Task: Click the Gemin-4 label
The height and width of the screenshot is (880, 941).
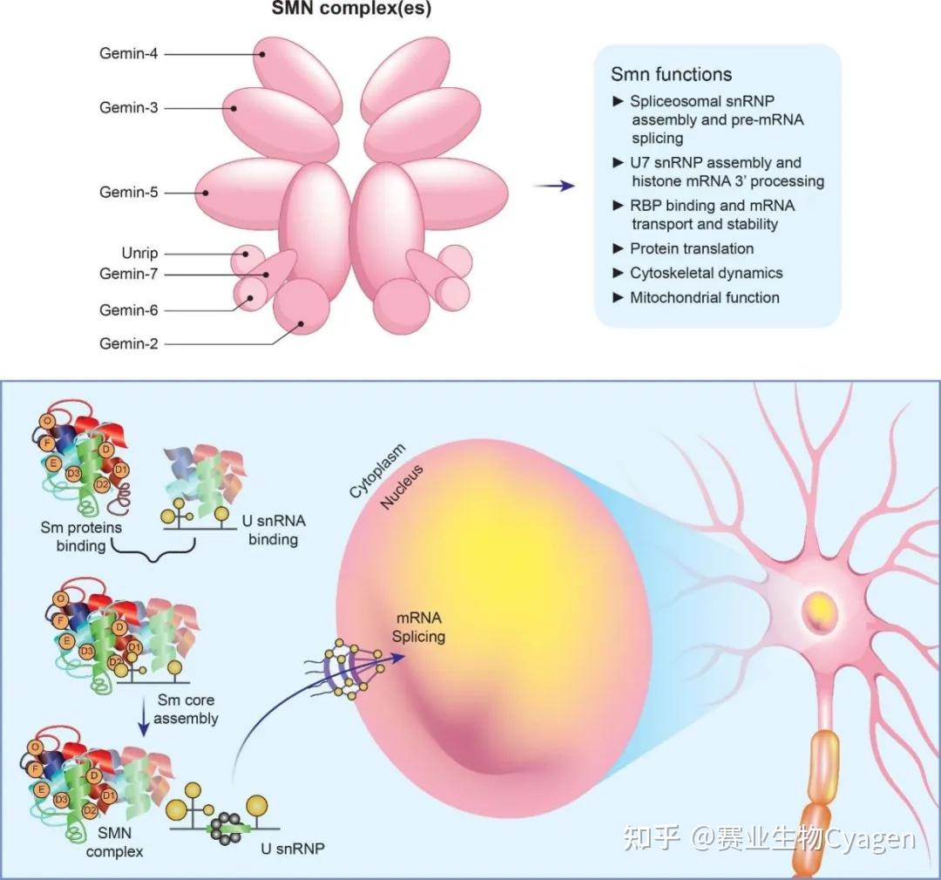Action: [128, 53]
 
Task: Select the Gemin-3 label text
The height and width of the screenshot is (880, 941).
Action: [128, 108]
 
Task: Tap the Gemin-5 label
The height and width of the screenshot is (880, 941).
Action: [128, 193]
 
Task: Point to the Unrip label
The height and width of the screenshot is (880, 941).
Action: [139, 254]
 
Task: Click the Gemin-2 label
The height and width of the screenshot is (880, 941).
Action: [128, 344]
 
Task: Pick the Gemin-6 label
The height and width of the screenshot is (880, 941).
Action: [128, 310]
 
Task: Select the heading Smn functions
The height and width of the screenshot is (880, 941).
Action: [671, 74]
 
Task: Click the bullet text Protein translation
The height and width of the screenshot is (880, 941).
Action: [692, 248]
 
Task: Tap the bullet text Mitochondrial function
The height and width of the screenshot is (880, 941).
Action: [704, 297]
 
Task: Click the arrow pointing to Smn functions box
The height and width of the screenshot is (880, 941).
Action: [554, 186]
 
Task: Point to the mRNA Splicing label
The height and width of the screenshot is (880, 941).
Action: [418, 628]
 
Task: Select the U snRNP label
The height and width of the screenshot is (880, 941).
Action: [299, 846]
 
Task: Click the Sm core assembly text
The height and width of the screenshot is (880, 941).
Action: [186, 709]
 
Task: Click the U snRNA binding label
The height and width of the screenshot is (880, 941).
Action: [273, 531]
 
